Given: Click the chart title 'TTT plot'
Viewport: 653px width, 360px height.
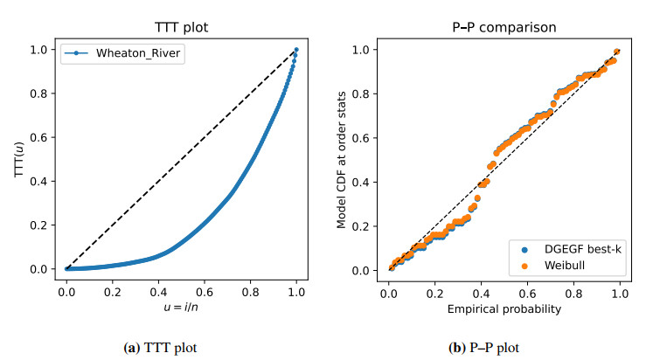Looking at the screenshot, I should tap(182, 26).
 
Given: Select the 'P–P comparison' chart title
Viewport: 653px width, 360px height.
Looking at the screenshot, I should tap(504, 26).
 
